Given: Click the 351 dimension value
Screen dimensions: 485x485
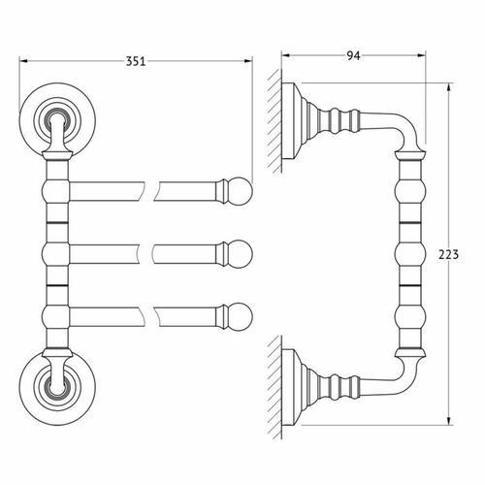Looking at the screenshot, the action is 136,61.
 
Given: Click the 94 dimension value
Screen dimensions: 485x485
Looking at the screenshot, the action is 353,56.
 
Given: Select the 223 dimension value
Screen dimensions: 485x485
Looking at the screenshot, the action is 448,255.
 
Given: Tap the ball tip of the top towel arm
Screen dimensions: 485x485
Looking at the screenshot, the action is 240,191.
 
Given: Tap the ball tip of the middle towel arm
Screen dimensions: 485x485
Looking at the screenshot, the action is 240,254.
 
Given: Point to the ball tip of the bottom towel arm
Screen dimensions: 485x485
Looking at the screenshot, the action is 240,317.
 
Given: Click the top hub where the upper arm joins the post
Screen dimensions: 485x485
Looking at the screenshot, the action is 55,191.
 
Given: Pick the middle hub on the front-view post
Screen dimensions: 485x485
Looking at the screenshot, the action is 55,254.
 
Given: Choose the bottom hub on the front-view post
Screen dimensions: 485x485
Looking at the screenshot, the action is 55,317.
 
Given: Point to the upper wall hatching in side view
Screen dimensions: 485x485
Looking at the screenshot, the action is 275,121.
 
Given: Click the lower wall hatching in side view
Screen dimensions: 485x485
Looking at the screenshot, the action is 275,387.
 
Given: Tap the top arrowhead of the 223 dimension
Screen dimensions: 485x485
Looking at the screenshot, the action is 448,88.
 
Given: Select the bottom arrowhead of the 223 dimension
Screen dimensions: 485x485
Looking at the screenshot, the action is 448,420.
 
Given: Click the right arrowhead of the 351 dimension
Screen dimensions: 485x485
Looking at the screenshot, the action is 247,61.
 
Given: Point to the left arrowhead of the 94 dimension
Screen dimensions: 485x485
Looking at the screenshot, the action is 287,55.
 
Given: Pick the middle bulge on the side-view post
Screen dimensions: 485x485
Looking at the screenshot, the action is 409,254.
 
